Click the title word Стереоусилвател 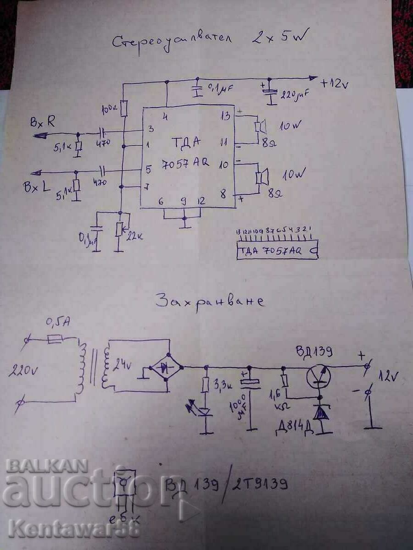point(172,41)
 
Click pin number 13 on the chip point(225,115)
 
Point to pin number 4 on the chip point(165,116)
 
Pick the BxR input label point(43,122)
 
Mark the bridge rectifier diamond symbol point(167,367)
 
